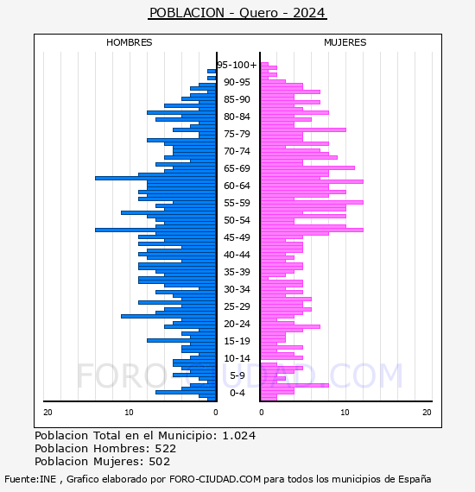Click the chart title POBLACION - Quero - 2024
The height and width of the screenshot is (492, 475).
[237, 13]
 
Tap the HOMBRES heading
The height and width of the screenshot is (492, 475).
[129, 42]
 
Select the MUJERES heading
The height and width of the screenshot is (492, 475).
[345, 42]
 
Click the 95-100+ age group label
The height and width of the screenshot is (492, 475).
[237, 65]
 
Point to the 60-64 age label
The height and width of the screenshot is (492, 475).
[237, 186]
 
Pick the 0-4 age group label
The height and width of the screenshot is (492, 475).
[237, 393]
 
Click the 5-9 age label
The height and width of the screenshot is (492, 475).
[237, 375]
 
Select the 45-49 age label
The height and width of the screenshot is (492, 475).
[237, 237]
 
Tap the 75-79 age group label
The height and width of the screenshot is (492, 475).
[237, 134]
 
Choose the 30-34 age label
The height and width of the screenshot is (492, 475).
[237, 289]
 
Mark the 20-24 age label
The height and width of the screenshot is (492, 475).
[237, 324]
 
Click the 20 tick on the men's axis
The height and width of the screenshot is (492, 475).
[47, 413]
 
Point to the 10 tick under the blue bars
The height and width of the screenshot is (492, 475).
[129, 413]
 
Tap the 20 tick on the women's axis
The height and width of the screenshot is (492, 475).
[427, 413]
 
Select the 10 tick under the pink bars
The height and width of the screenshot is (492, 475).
[345, 413]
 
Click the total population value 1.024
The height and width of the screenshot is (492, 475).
[239, 436]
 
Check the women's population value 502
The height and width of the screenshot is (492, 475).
[160, 461]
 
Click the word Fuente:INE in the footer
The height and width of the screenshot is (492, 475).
[30, 479]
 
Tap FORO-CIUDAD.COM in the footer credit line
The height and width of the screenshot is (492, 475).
[215, 479]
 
